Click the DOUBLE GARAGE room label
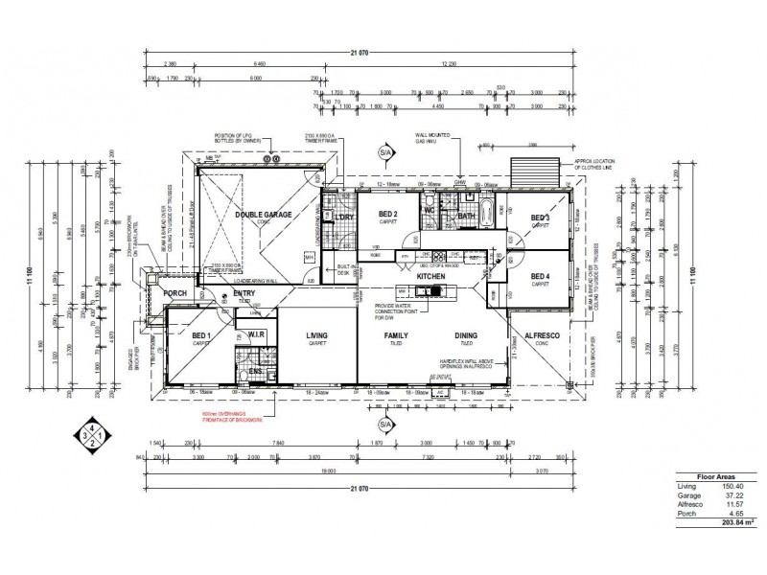tap(264, 216)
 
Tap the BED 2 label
tap(388, 214)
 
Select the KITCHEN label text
tap(432, 277)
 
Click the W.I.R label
tap(256, 334)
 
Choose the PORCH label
tap(174, 293)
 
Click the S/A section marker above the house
tap(387, 152)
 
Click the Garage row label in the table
tap(687, 495)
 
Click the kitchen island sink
tap(434, 289)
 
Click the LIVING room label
tap(317, 335)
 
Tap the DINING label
tap(467, 335)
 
